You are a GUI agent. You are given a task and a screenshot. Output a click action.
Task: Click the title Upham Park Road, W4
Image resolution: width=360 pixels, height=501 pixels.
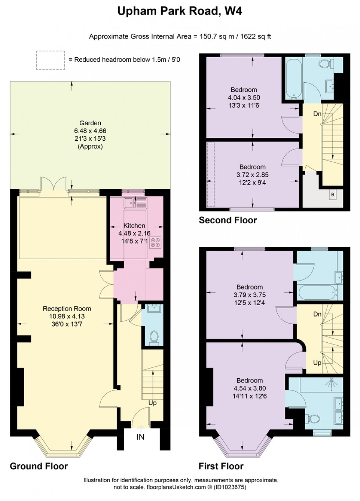[180, 11]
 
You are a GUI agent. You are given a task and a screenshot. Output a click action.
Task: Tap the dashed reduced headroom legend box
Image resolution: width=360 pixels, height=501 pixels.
[50, 60]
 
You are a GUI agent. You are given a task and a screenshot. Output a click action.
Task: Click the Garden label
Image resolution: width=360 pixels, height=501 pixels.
[90, 123]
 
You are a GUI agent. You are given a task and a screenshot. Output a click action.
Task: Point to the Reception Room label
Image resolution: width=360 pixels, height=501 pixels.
[66, 309]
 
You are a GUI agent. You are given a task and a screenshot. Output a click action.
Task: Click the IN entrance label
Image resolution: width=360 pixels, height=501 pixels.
[140, 437]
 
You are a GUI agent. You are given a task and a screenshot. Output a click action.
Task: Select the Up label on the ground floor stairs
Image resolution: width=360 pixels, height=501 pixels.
[152, 403]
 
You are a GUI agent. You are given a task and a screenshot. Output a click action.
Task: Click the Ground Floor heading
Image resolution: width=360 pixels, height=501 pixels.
[39, 466]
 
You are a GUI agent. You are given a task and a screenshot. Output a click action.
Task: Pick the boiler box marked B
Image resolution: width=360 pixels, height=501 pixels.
[333, 195]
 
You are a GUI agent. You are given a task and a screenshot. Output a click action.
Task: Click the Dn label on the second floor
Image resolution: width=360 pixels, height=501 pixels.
[317, 114]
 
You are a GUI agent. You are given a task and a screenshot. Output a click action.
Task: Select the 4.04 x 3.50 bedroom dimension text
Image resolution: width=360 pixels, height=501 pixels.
[244, 98]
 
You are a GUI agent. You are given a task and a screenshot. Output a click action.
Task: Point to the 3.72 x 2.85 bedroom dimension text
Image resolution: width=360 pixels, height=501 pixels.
[252, 175]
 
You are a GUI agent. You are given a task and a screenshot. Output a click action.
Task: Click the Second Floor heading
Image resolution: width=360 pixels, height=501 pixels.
[228, 220]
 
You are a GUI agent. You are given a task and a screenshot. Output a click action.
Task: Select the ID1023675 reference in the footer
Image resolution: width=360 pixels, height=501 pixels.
[230, 487]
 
